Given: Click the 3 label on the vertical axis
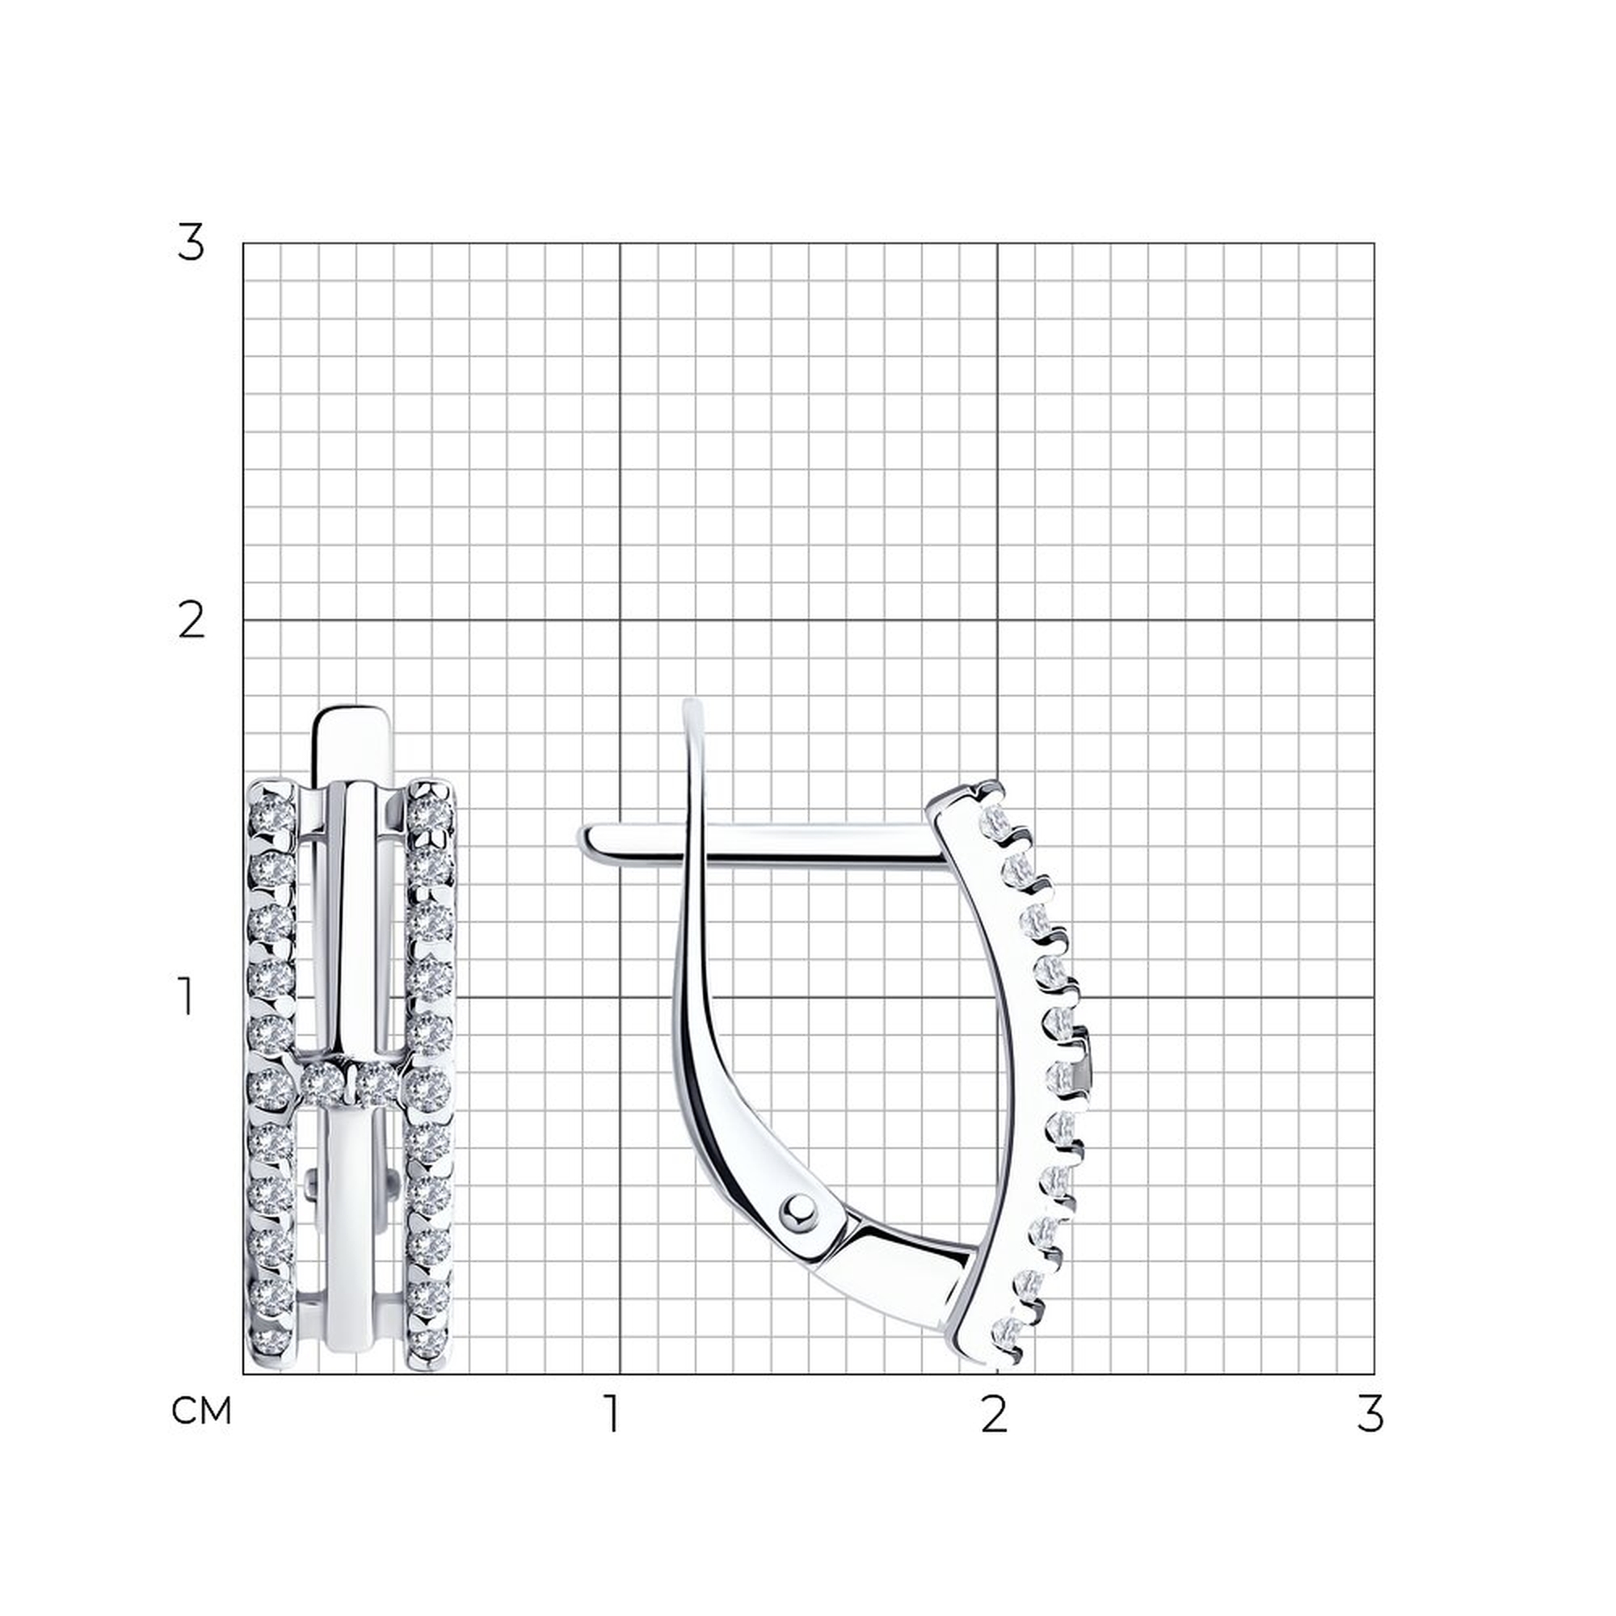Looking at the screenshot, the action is (x=190, y=243).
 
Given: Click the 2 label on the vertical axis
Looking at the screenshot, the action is (x=191, y=621).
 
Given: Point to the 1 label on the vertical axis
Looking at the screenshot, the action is (x=187, y=997).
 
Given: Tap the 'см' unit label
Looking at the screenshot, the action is (x=200, y=1410).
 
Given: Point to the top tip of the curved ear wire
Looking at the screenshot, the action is (x=692, y=703).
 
